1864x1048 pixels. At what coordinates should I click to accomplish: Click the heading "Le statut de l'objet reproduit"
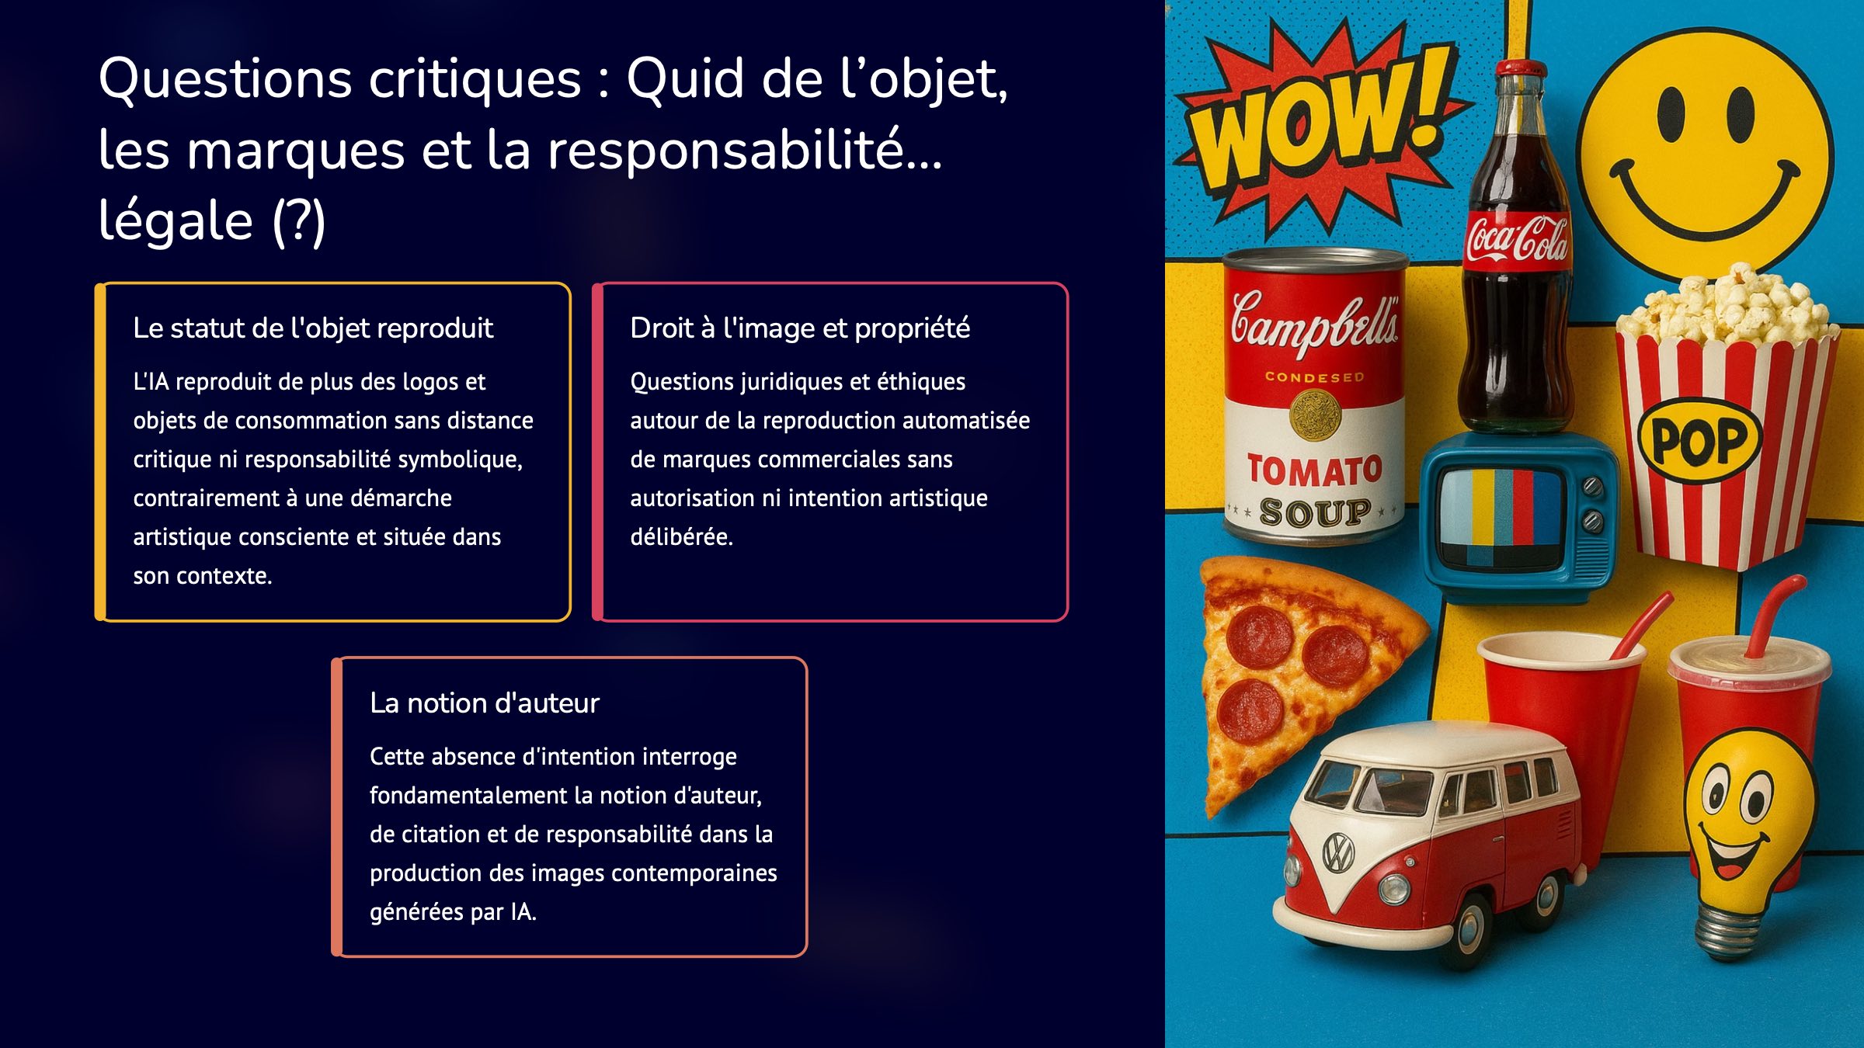pyautogui.click(x=313, y=328)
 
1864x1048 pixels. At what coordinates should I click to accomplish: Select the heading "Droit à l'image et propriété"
pyautogui.click(x=800, y=328)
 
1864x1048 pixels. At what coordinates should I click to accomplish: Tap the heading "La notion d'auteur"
pyautogui.click(x=485, y=703)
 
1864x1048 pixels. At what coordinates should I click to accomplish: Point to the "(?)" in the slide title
pyautogui.click(x=299, y=221)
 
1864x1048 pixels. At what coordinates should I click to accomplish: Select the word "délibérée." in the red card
pyautogui.click(x=682, y=536)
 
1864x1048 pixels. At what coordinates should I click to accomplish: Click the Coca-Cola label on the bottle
pyautogui.click(x=1517, y=240)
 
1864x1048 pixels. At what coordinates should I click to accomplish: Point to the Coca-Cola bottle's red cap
pyautogui.click(x=1521, y=68)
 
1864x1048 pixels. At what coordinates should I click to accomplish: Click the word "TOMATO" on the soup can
pyautogui.click(x=1314, y=471)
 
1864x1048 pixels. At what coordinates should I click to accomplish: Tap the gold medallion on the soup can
pyautogui.click(x=1314, y=415)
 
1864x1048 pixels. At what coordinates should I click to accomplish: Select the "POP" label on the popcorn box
pyautogui.click(x=1699, y=440)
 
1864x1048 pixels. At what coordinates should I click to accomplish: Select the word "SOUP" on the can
pyautogui.click(x=1314, y=513)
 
